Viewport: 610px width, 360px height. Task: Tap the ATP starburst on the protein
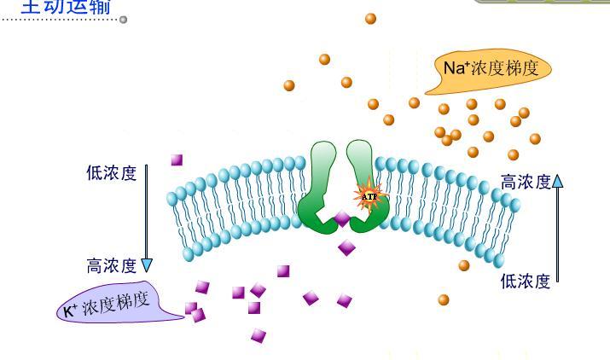click(x=369, y=195)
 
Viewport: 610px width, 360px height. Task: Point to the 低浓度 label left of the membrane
click(x=112, y=173)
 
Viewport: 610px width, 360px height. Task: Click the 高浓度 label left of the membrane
click(x=112, y=266)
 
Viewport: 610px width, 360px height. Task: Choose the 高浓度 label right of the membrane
click(x=526, y=182)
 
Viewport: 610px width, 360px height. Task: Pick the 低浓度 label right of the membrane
click(x=526, y=282)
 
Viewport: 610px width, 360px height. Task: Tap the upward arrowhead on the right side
click(x=558, y=180)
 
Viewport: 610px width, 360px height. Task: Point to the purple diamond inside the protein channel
click(x=342, y=219)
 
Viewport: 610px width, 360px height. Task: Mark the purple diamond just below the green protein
click(x=346, y=248)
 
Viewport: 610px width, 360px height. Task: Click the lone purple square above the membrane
click(x=177, y=160)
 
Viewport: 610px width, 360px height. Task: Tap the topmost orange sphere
click(x=370, y=18)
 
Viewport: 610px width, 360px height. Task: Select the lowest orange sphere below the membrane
click(x=444, y=299)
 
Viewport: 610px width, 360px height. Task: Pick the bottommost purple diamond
click(x=259, y=335)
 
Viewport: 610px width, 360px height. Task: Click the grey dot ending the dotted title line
click(x=124, y=19)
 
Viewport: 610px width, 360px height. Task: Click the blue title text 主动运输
click(x=55, y=7)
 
